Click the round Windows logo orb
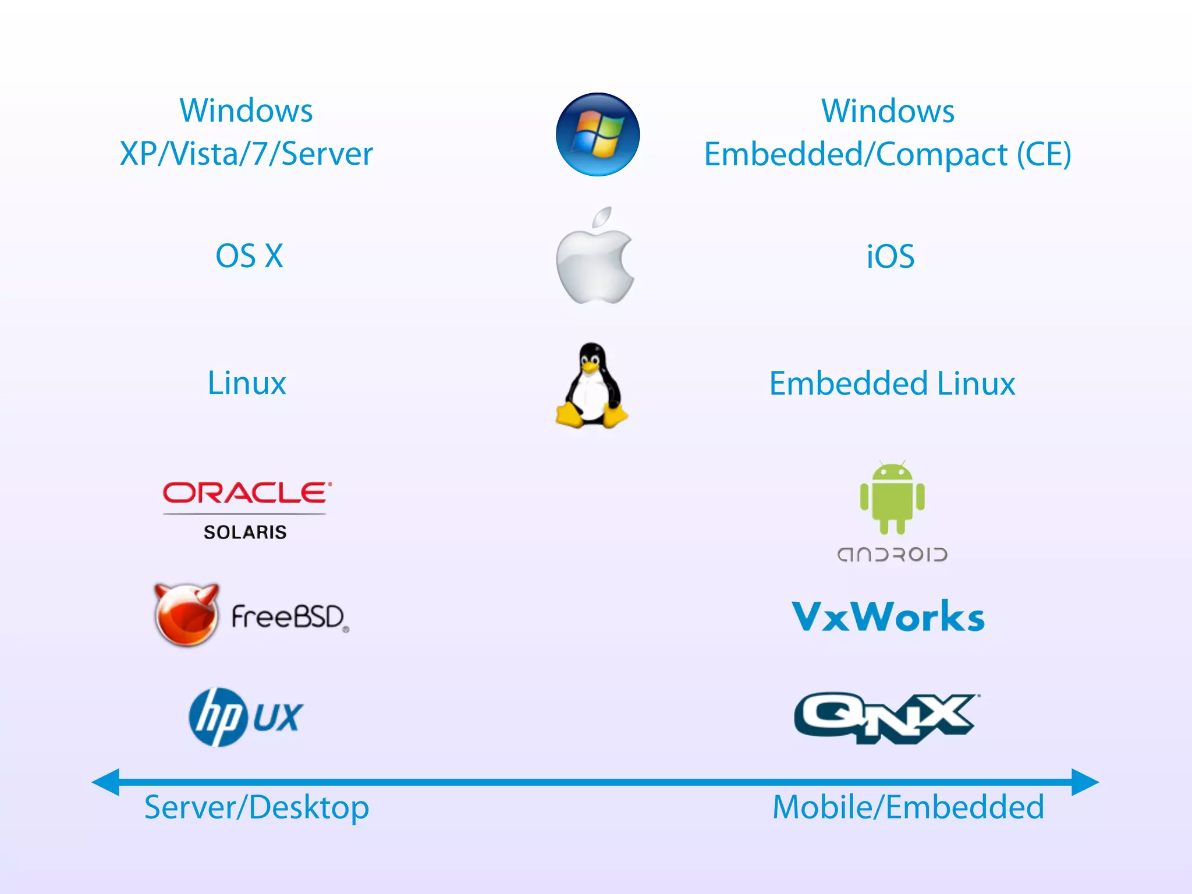click(598, 134)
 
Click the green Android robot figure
click(892, 498)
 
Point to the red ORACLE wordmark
click(246, 493)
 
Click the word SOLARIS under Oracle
click(245, 532)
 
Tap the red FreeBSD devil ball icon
click(186, 616)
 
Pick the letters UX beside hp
click(278, 717)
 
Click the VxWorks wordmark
click(888, 617)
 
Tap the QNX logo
click(885, 717)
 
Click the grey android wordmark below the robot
click(892, 554)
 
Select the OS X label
click(249, 256)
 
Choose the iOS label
click(891, 256)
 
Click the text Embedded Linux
click(892, 384)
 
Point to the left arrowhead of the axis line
click(107, 782)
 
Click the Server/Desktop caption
click(257, 808)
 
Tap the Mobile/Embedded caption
click(908, 808)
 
